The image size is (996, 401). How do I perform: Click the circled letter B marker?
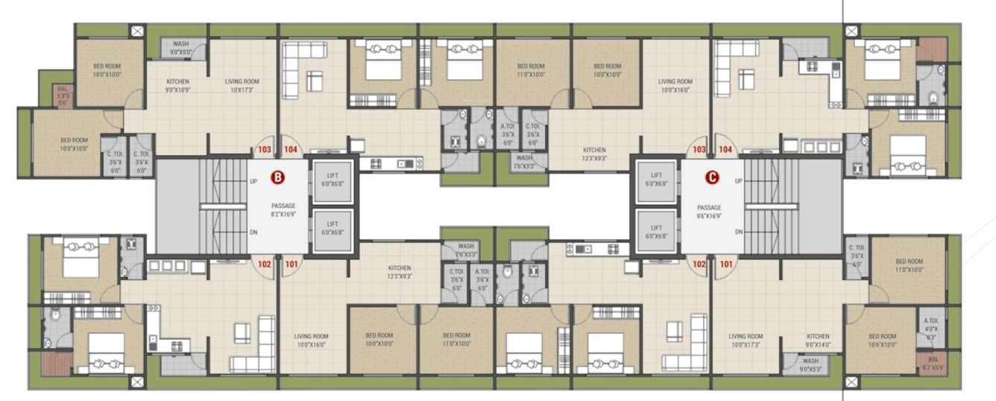[277, 177]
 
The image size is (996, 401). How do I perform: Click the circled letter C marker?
[713, 177]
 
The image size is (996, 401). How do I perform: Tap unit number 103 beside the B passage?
[264, 150]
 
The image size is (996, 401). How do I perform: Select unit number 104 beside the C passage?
[725, 150]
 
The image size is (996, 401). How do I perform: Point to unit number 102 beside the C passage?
[699, 262]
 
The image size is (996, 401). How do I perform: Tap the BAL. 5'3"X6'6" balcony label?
[63, 95]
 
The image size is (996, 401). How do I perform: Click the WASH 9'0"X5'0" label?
[181, 48]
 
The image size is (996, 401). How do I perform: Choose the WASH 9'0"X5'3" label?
[810, 364]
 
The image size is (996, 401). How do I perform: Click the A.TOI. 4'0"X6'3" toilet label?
[930, 326]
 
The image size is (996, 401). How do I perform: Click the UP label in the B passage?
[253, 181]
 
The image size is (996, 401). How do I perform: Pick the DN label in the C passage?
[738, 232]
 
